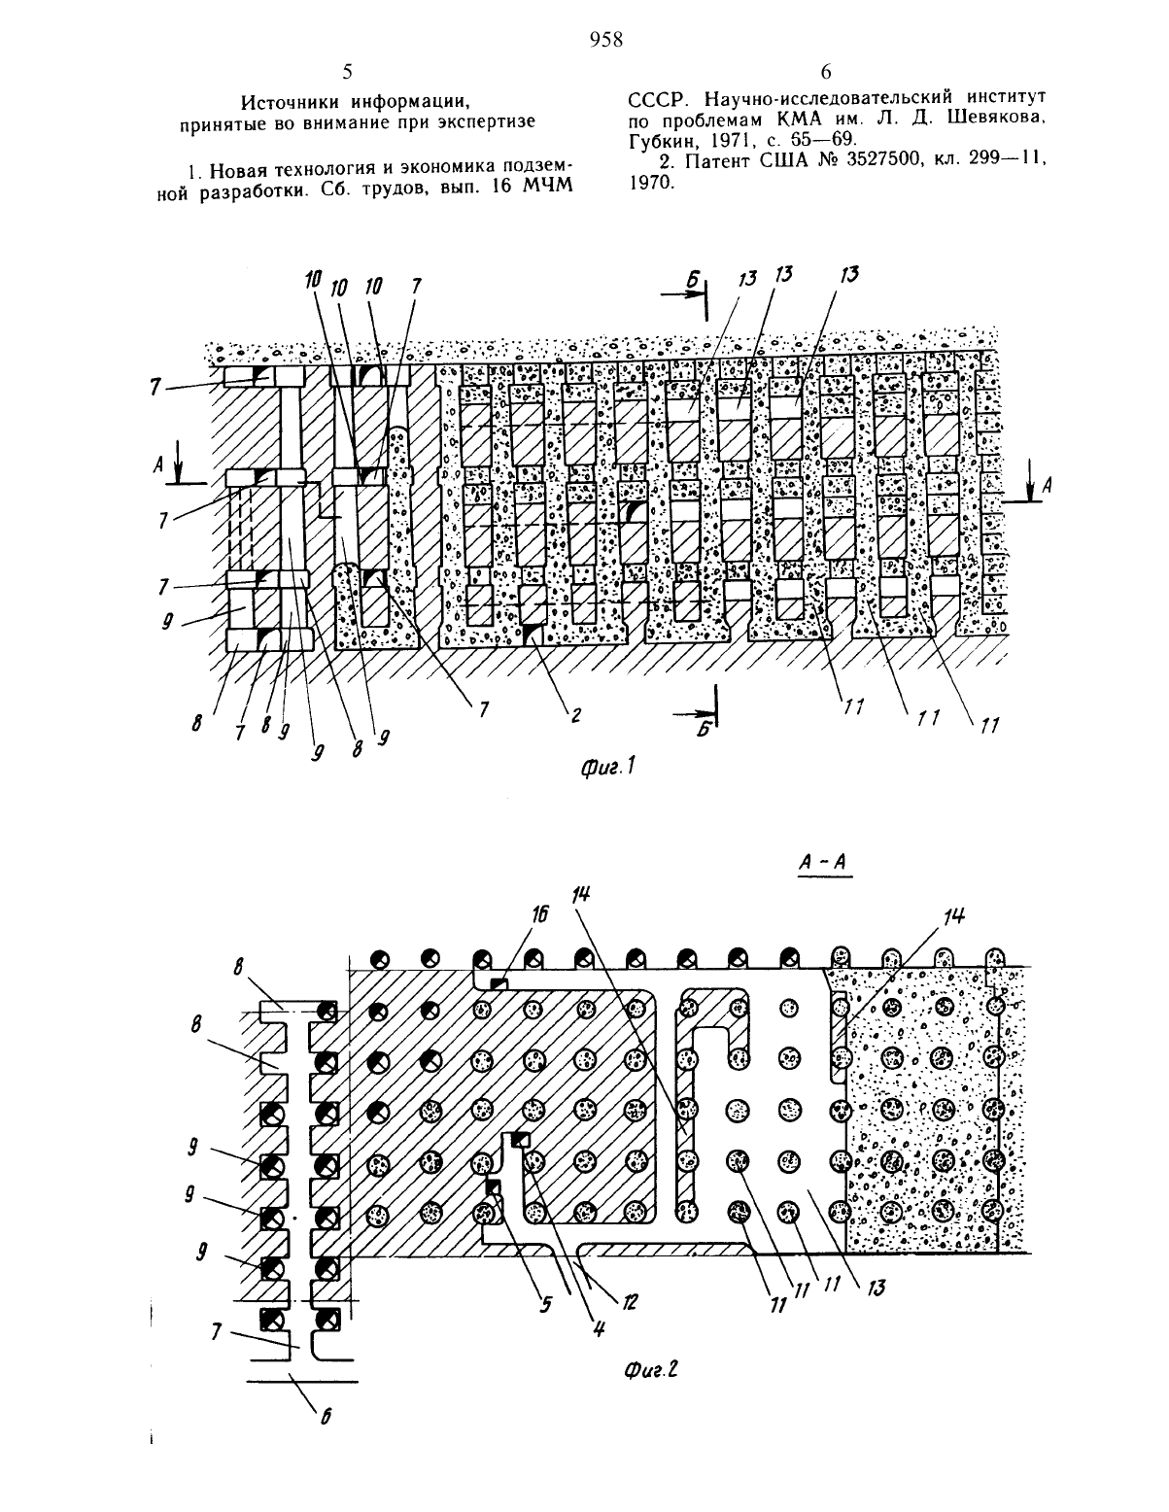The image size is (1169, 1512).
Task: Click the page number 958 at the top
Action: click(x=606, y=40)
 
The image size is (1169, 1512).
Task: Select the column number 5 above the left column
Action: click(x=347, y=72)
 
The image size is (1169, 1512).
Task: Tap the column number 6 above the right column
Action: click(x=825, y=72)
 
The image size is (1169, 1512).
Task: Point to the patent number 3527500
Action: click(x=885, y=161)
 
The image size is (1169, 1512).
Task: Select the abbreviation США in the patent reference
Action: click(x=783, y=161)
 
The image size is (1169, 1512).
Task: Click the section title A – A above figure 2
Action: click(x=822, y=863)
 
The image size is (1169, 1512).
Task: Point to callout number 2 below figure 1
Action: click(x=575, y=715)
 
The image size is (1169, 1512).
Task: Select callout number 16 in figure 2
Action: click(x=539, y=914)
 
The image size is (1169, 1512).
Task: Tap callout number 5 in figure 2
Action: click(x=545, y=1302)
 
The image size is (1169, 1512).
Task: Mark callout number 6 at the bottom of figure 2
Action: click(x=327, y=1415)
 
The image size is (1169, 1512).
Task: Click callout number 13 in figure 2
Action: click(x=877, y=1288)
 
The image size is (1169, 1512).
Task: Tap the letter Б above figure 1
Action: click(x=692, y=280)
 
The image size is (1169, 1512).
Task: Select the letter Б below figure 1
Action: click(x=705, y=729)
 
